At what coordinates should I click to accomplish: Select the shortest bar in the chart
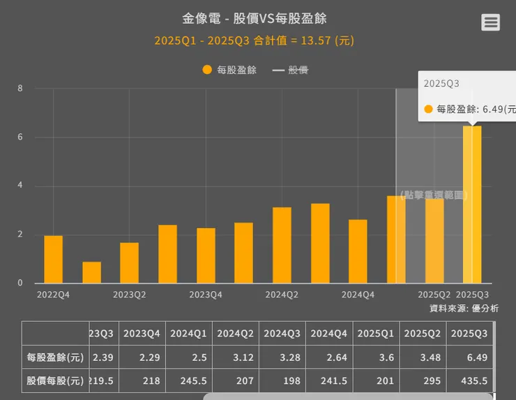tap(91, 272)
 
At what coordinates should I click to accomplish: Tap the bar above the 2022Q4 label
tap(53, 259)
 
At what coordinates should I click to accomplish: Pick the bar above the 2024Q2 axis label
tap(282, 245)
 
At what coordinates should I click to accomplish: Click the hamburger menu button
tap(490, 22)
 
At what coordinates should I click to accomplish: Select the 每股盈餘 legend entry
tap(229, 70)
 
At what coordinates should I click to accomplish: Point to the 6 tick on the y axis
tap(20, 138)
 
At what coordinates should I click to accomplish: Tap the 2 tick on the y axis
tap(20, 235)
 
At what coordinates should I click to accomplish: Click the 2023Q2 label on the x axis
tap(129, 295)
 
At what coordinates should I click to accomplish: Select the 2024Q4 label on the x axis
tap(358, 295)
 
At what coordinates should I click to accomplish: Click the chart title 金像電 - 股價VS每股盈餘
tap(255, 18)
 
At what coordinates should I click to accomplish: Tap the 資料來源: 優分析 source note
tap(464, 308)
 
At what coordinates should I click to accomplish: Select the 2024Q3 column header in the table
tap(282, 334)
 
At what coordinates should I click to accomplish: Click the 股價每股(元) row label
tap(55, 380)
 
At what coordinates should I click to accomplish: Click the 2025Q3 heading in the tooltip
tap(441, 83)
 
